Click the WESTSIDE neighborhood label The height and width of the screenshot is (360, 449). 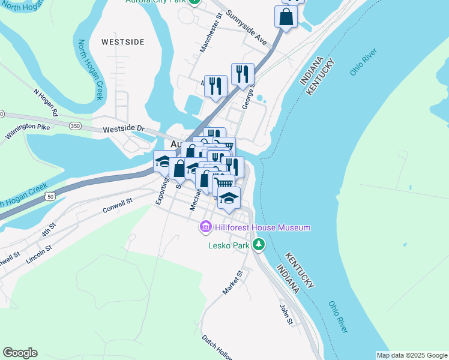point(122,42)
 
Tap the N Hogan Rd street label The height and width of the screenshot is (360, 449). point(46,103)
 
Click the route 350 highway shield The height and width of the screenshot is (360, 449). point(75,126)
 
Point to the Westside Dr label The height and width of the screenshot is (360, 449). point(124,129)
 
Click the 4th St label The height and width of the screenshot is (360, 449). point(49,229)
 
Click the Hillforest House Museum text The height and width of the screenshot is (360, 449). point(263,228)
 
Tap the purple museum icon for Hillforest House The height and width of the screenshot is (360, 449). point(206,228)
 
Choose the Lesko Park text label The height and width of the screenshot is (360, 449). point(228,245)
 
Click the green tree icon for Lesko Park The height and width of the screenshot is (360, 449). point(258,244)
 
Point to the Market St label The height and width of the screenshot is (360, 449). point(232,282)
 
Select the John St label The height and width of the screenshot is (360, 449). point(286,314)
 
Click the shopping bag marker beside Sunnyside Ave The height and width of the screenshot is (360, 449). point(286,16)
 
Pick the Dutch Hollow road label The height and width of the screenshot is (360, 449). point(216,347)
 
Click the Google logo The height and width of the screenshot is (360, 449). point(20,353)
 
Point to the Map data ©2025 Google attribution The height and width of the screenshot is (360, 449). point(411,355)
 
